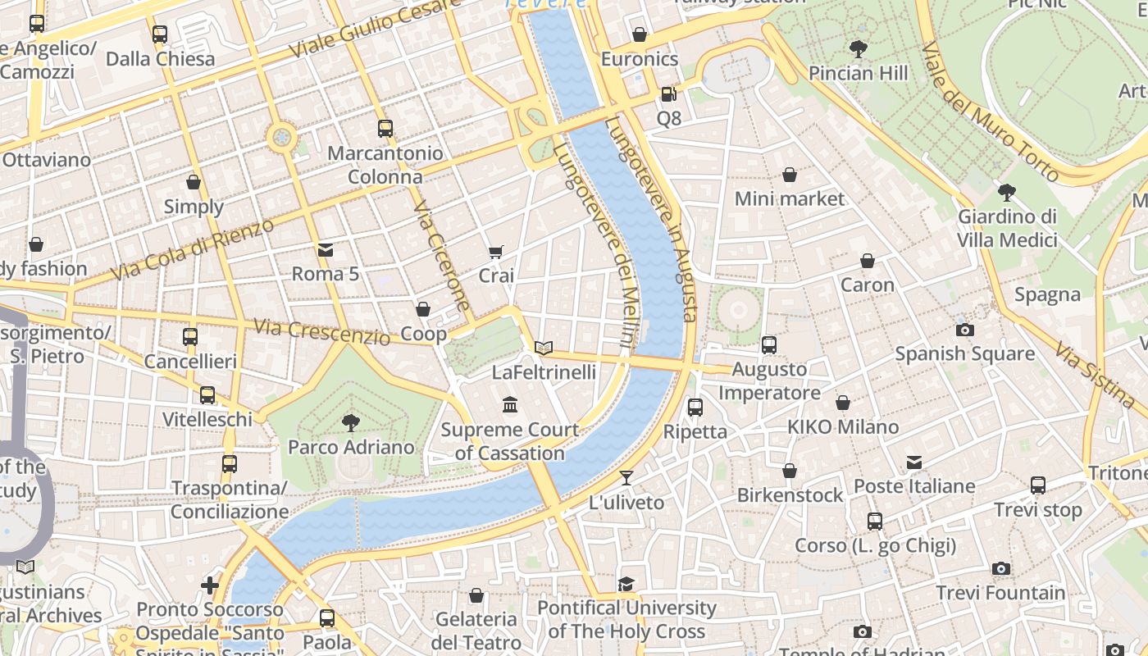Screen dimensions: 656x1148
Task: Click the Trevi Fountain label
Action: click(x=1000, y=592)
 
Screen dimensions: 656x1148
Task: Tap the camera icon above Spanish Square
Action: click(x=965, y=330)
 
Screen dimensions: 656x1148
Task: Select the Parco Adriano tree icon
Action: click(x=351, y=423)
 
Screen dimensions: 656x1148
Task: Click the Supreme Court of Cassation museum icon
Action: click(x=510, y=405)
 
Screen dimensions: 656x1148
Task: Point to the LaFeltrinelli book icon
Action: click(x=544, y=348)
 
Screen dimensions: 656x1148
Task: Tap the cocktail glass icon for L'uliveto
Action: click(x=626, y=478)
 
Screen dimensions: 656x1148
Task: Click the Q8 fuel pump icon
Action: click(x=669, y=94)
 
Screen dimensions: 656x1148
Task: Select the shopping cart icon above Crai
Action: click(x=496, y=252)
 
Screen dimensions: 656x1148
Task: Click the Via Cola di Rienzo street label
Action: click(x=194, y=249)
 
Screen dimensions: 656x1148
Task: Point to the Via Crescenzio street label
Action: click(x=321, y=331)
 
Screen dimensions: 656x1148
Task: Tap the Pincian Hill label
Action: click(x=858, y=73)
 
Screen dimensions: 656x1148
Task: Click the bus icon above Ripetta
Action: click(x=695, y=407)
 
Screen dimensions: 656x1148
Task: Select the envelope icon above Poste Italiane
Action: click(x=914, y=462)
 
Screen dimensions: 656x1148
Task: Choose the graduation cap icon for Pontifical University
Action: click(x=626, y=584)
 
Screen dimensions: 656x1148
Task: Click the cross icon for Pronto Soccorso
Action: click(x=210, y=585)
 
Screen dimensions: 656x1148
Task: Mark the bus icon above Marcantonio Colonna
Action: click(x=385, y=129)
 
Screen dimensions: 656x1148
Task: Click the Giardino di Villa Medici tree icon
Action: click(x=1007, y=193)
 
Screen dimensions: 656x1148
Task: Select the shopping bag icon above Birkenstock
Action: click(x=790, y=471)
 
